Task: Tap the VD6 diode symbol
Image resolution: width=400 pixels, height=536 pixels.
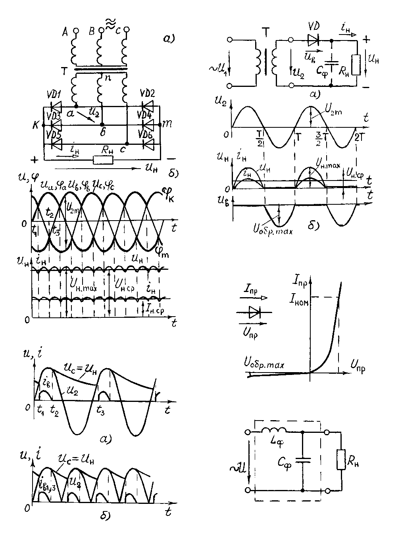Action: [x=150, y=144]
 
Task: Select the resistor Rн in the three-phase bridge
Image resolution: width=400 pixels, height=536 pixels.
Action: [x=103, y=160]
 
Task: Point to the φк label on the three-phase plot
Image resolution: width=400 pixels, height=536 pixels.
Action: [x=167, y=196]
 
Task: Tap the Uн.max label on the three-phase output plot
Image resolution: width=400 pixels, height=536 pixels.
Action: [x=85, y=284]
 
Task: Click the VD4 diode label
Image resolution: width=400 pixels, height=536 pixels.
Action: [x=146, y=116]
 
